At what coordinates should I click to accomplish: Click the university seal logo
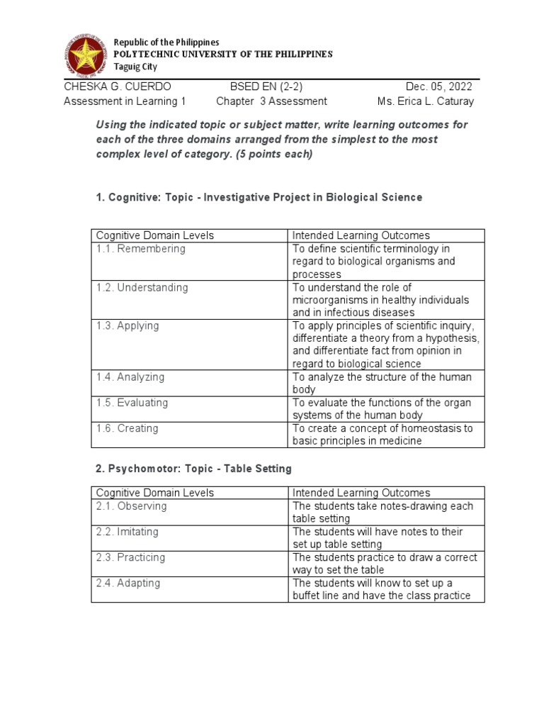[x=89, y=54]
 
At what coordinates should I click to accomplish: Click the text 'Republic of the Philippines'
[x=167, y=43]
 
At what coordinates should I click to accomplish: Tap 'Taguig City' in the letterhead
[x=136, y=67]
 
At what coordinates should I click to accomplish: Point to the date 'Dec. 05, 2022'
[x=438, y=86]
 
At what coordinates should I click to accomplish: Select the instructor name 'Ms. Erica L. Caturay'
[x=426, y=101]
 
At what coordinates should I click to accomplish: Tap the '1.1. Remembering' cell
[x=141, y=249]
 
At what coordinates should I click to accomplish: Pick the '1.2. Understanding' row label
[x=142, y=287]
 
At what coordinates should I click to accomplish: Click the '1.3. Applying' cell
[x=127, y=325]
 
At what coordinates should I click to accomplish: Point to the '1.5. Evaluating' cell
[x=132, y=403]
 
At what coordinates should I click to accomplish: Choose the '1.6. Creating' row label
[x=127, y=428]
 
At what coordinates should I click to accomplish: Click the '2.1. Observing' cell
[x=132, y=506]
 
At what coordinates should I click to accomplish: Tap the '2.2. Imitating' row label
[x=127, y=532]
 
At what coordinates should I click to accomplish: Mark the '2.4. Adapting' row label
[x=128, y=583]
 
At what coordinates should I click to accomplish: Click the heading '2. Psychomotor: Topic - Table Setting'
[x=193, y=469]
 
